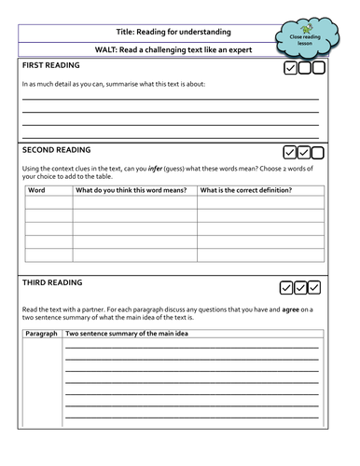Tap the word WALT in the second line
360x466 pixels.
tap(107, 49)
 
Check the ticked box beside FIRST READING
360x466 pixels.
tap(290, 68)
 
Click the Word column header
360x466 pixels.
tap(37, 190)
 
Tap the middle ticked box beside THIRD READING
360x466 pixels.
tap(300, 287)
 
